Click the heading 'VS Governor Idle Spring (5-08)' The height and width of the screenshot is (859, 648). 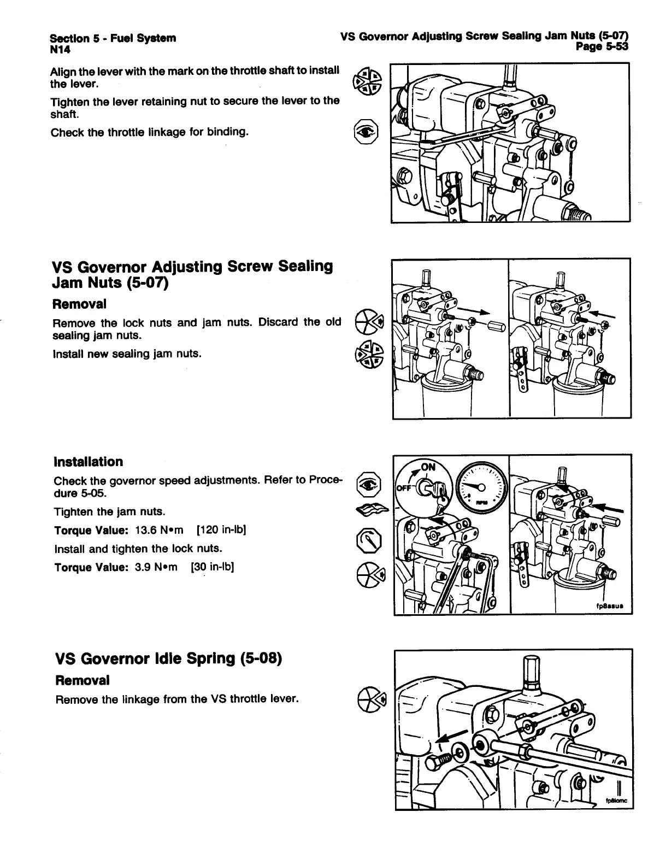[x=168, y=658]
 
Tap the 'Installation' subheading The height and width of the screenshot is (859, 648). [x=89, y=462]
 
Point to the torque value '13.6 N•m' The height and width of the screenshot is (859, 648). [x=159, y=530]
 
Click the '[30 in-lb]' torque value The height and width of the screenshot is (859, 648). [x=213, y=567]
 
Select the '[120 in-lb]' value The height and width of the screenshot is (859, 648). [x=221, y=530]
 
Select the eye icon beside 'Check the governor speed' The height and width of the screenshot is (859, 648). [x=366, y=483]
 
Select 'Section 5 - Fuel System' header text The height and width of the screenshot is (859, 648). [x=113, y=38]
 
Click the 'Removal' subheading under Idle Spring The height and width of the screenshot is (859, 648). [x=83, y=680]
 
